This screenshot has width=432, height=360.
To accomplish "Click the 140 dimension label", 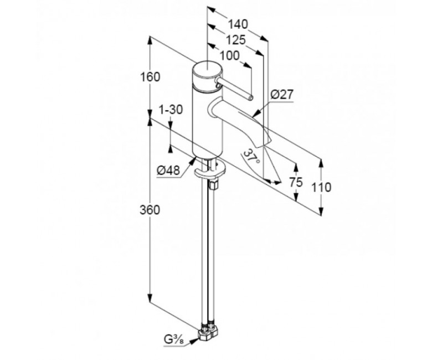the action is pos(238,24).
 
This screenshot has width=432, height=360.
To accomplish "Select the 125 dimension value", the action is pos(236,40).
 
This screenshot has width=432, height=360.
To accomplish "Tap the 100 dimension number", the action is pos(230,56).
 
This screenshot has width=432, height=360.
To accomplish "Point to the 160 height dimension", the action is pos(150,77).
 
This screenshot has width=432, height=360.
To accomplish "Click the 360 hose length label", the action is pos(150,210).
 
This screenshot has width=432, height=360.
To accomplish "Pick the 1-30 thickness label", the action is pos(171,110).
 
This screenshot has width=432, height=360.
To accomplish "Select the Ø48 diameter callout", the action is pos(168,171).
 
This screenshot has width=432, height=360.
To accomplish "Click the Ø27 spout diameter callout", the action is pos(282,95).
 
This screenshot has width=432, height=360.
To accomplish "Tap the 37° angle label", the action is pos(252,156).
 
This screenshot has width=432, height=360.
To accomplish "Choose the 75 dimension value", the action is pos(296,182).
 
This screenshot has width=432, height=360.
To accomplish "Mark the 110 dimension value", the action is pos(321,187).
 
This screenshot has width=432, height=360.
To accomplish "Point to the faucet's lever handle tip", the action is pos(250,97).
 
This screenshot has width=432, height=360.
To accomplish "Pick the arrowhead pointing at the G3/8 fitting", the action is pos(194,341).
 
